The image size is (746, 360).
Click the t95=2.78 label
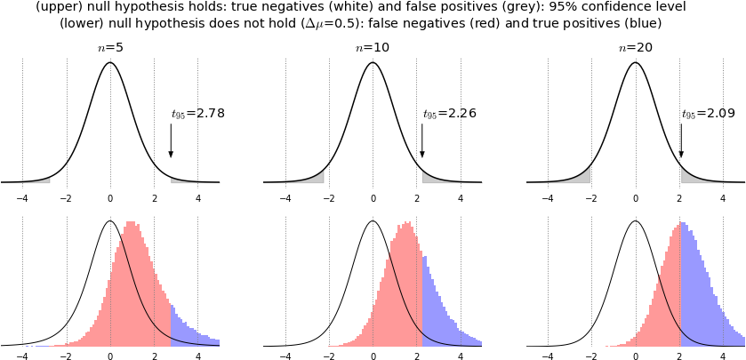point(196,114)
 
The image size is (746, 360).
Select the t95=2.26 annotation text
point(449,114)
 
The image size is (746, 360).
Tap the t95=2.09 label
point(708,114)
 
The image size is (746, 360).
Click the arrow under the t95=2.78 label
point(171,140)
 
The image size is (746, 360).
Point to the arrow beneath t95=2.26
point(422,140)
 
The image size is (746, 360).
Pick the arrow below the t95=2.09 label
point(681,140)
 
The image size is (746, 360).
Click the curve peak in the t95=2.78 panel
point(109,63)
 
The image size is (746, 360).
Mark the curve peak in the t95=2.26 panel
point(373,63)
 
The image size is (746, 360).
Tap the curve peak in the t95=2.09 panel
point(635,63)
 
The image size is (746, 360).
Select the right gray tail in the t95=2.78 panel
point(191,180)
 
